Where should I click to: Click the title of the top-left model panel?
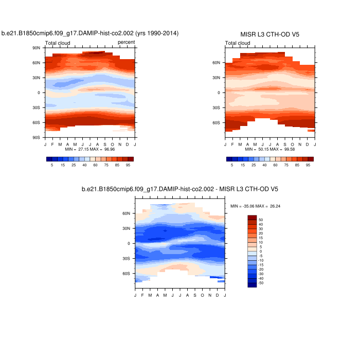(90, 33)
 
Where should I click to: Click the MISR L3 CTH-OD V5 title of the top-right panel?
(270, 34)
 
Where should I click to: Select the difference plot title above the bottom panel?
(180, 189)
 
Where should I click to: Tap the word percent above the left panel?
(126, 43)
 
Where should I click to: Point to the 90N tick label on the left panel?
(37, 48)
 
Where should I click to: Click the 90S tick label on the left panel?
(37, 138)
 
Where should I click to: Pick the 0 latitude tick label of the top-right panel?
(219, 93)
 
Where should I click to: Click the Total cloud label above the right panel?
(238, 43)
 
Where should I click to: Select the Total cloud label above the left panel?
(58, 43)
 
